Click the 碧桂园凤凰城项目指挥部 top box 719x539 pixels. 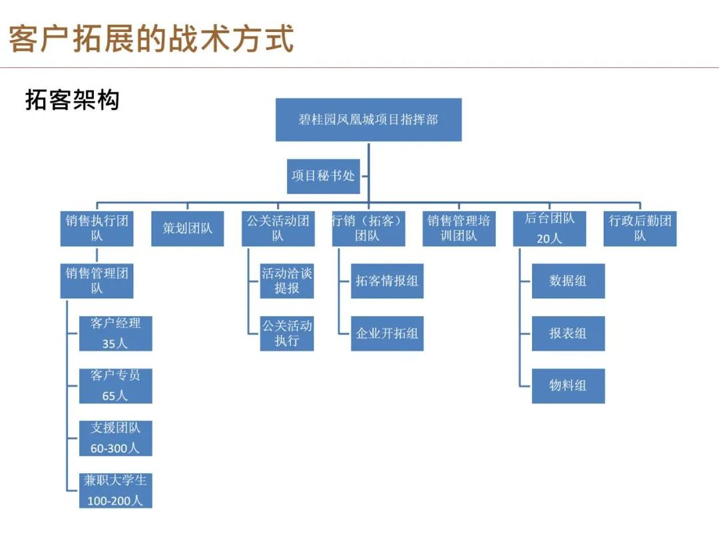click(369, 120)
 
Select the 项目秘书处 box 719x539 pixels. click(324, 176)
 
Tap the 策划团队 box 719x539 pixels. click(188, 229)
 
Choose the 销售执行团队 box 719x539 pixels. click(97, 229)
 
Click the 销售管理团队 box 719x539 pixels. click(97, 281)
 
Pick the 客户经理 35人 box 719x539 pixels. click(116, 333)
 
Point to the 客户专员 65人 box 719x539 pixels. click(116, 386)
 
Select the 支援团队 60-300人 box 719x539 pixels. click(116, 438)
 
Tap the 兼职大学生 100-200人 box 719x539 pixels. click(116, 490)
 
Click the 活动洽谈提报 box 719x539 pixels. click(287, 281)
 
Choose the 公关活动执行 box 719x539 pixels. click(287, 333)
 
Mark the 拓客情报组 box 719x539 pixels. click(387, 281)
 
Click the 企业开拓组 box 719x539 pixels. click(387, 333)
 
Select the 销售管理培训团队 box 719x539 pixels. click(459, 229)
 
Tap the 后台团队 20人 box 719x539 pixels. click(549, 229)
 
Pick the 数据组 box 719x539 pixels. click(568, 281)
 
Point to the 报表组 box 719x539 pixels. click(568, 333)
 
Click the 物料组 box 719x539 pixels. click(568, 386)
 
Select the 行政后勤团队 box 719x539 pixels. click(640, 229)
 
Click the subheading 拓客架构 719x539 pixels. click(73, 100)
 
